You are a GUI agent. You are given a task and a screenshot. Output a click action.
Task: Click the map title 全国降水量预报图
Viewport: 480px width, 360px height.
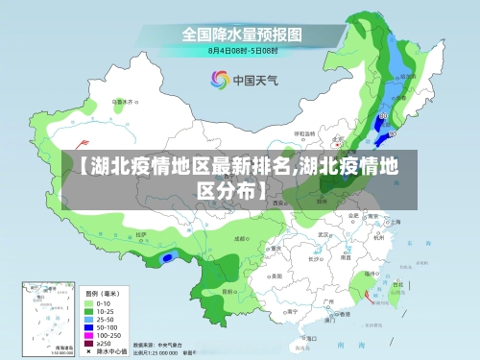click(x=242, y=34)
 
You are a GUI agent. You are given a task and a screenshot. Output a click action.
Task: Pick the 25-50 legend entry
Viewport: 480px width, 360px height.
click(x=101, y=318)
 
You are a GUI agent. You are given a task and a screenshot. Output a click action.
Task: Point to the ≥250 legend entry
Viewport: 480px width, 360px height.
click(x=101, y=343)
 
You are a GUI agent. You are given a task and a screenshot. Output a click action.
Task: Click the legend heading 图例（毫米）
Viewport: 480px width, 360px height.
click(x=101, y=292)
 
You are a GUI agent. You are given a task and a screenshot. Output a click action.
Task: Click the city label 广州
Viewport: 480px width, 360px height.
click(x=329, y=300)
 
